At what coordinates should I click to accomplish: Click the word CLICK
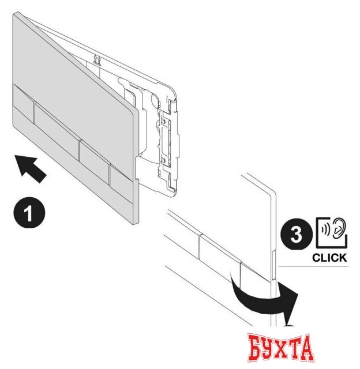[329, 258]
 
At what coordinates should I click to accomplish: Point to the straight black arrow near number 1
[32, 169]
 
